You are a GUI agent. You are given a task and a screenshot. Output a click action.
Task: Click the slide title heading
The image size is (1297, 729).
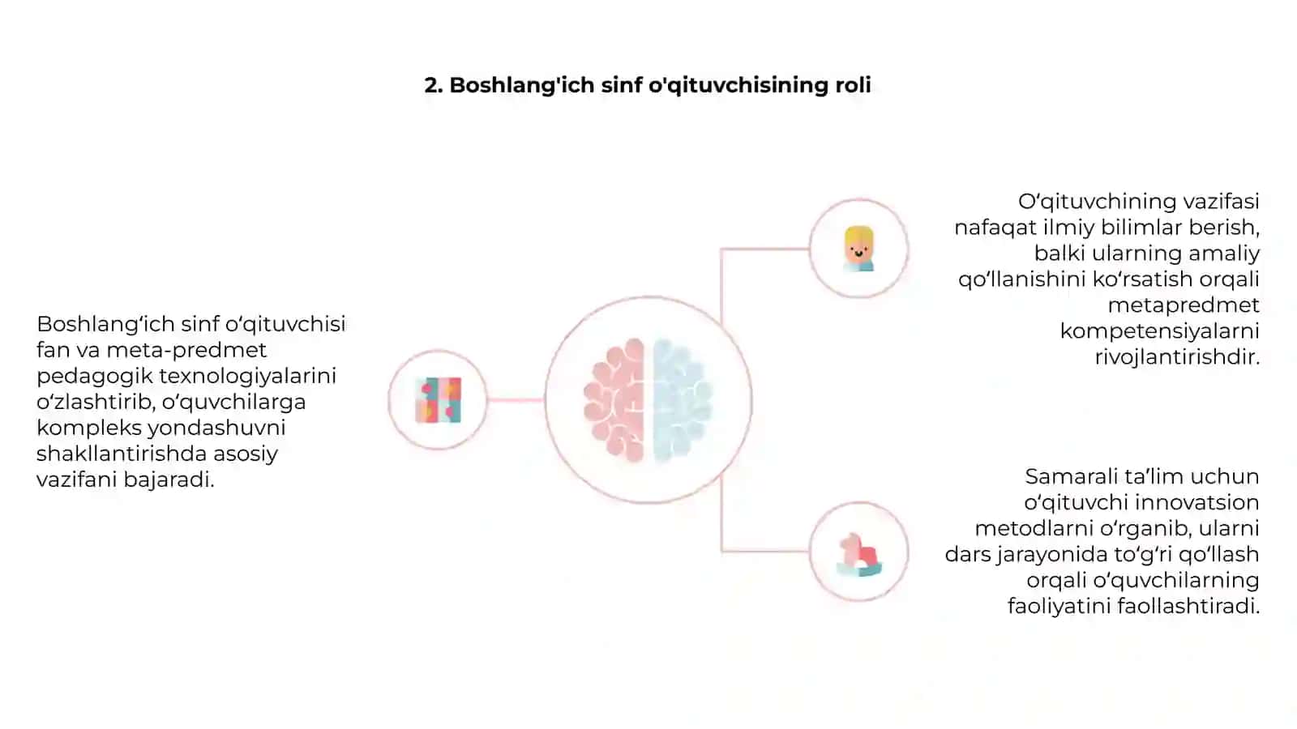point(648,86)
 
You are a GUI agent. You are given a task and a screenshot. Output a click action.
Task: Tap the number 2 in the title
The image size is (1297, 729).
point(431,85)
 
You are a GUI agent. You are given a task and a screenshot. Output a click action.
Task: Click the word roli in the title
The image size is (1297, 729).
point(853,85)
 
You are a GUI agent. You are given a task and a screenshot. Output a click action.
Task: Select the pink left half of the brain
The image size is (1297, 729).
point(614,400)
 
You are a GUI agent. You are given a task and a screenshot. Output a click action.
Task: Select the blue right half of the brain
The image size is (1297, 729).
point(682,400)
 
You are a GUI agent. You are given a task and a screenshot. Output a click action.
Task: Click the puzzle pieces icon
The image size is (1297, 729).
point(439,400)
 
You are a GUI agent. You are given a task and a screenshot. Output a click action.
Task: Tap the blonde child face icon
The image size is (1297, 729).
point(858,249)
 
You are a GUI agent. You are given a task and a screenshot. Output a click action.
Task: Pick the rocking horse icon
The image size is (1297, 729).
point(859,554)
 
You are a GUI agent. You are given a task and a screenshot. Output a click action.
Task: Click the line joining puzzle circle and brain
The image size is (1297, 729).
point(516,400)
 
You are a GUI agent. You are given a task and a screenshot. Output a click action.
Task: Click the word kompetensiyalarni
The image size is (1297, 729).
point(1160,331)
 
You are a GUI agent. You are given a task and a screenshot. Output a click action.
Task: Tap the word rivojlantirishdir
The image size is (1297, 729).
point(1177,357)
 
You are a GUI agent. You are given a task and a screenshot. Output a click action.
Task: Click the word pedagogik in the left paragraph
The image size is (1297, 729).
point(95,377)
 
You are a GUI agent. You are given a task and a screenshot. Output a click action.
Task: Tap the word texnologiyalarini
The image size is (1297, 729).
point(248,376)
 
